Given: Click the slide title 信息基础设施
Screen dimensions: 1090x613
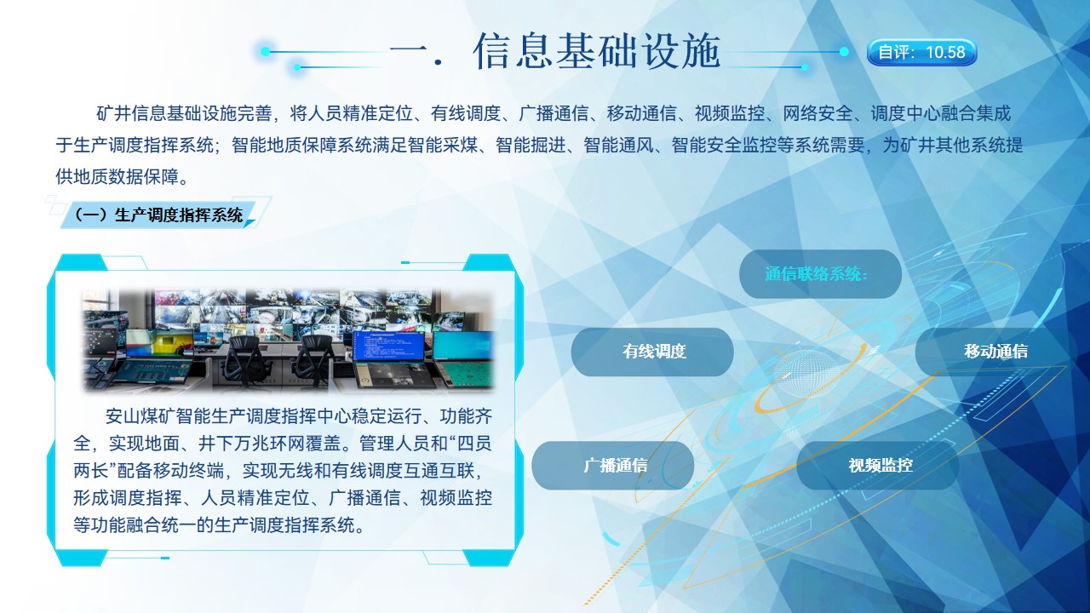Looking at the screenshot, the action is click(595, 50).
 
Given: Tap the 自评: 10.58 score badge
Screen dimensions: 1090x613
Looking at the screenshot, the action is click(921, 52).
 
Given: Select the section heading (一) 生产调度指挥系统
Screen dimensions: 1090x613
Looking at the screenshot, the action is click(158, 215).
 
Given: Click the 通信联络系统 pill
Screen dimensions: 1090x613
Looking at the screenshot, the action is click(820, 274).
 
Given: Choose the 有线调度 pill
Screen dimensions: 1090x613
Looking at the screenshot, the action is click(652, 352).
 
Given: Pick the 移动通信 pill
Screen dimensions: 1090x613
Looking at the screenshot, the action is click(996, 352).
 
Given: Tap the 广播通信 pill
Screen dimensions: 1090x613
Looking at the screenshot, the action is click(613, 465).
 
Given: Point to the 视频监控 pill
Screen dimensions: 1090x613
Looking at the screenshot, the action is click(878, 465).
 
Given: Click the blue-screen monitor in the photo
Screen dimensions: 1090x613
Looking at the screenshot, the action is click(389, 346).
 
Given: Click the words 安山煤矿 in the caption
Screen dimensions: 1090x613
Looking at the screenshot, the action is click(141, 416).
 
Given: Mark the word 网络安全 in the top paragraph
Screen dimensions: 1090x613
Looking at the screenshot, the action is click(817, 113).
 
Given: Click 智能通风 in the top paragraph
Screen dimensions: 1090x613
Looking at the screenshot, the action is click(618, 145).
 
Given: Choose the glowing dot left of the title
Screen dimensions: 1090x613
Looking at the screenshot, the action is click(265, 51).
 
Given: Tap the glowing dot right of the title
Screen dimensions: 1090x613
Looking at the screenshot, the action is click(844, 51).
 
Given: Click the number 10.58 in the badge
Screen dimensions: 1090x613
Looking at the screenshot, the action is click(945, 52).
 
